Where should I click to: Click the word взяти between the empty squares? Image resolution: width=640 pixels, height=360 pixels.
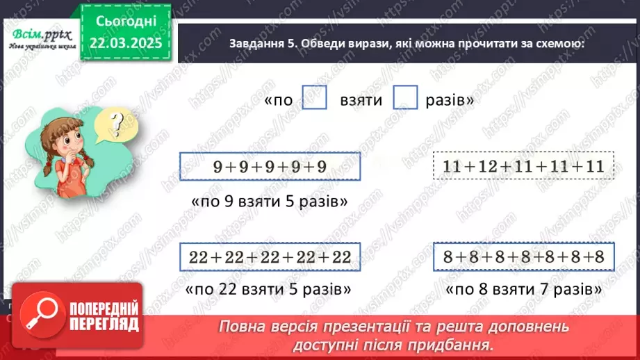(x=361, y=99)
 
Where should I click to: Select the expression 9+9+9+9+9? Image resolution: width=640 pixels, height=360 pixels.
(x=270, y=167)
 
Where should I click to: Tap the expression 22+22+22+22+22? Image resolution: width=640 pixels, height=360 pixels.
(x=270, y=257)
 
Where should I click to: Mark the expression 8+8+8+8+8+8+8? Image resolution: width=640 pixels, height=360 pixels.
(x=523, y=257)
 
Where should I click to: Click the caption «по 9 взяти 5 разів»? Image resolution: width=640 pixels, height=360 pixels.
(x=269, y=202)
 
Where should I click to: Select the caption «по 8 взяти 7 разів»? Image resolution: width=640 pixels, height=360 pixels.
(x=523, y=288)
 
